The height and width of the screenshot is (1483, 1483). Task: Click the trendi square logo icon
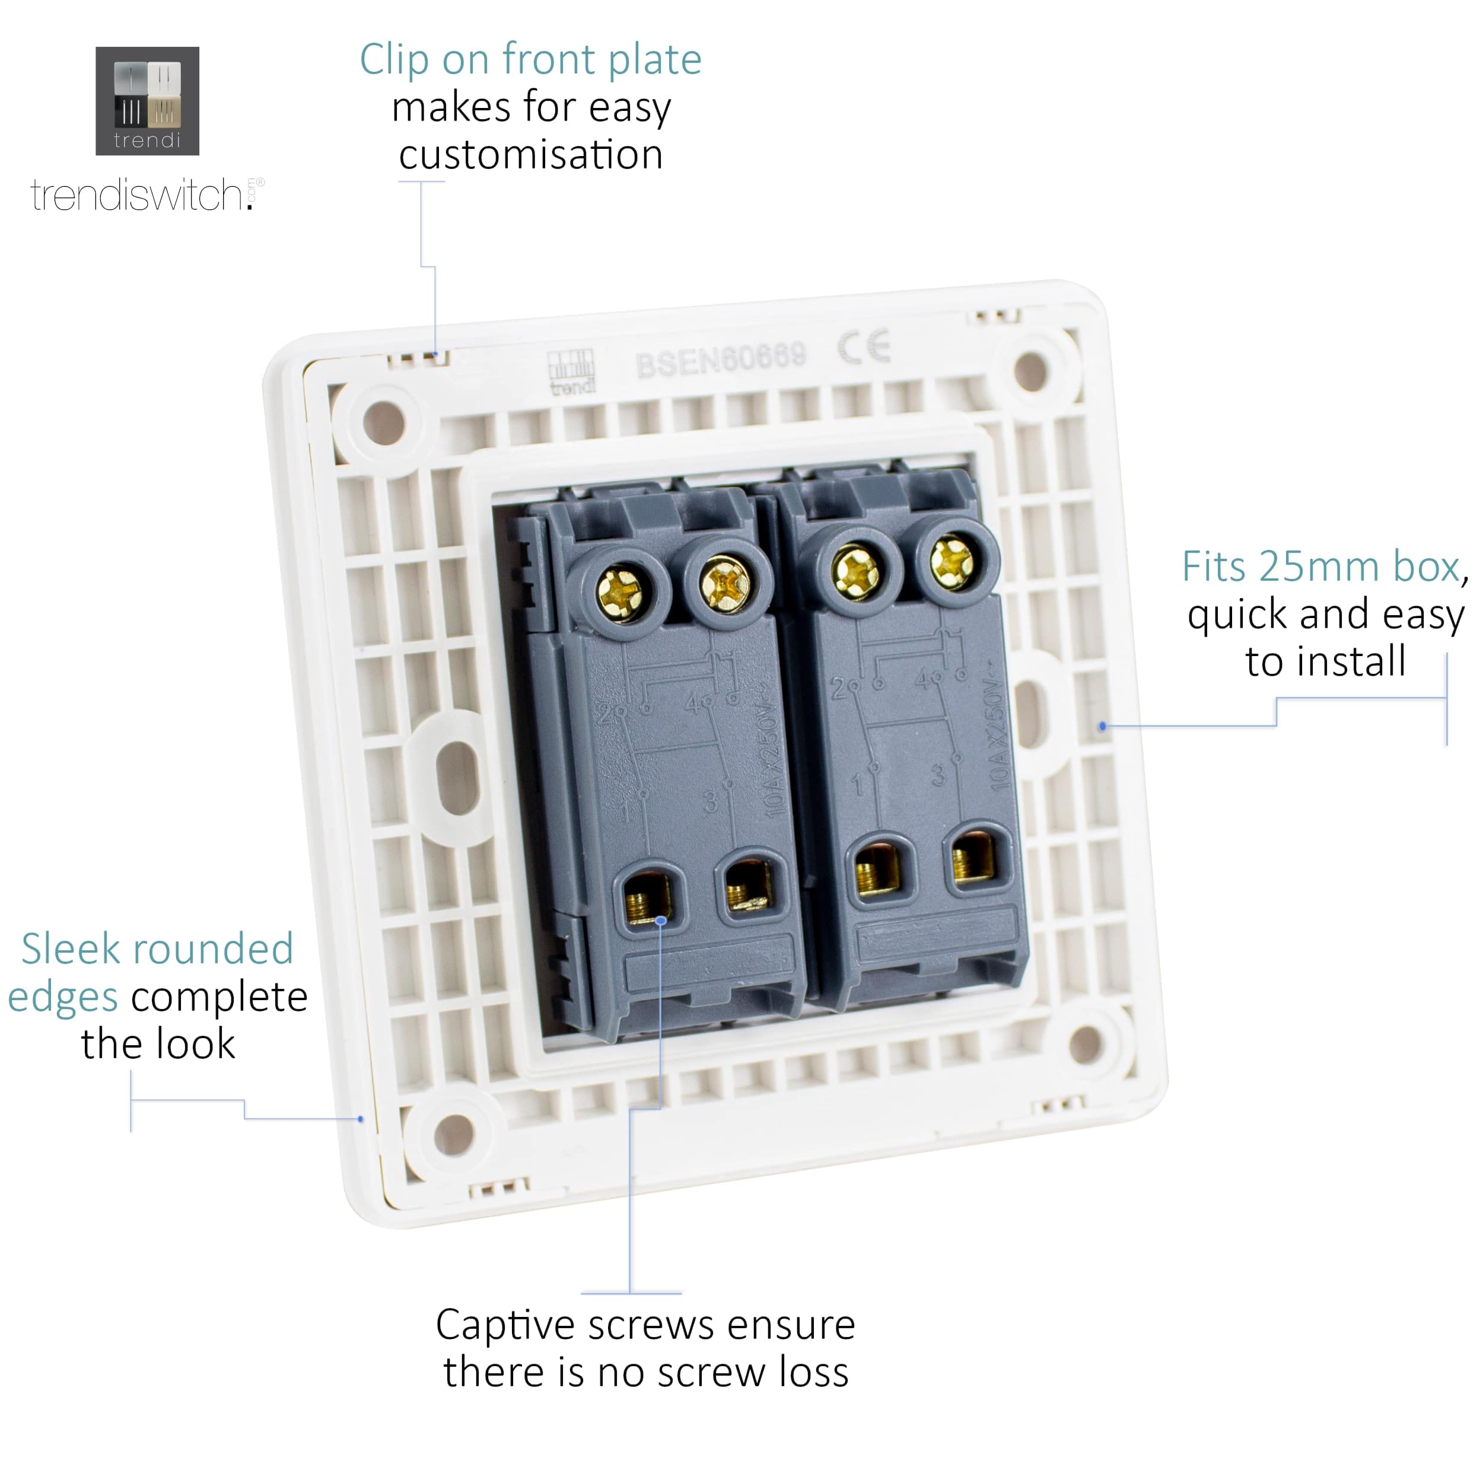point(147,101)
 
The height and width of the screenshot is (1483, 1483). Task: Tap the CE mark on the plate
point(864,348)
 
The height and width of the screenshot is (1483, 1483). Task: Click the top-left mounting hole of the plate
point(384,423)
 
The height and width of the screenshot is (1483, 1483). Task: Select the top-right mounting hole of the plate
point(1030,371)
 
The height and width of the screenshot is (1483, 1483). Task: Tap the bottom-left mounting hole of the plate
point(454,1134)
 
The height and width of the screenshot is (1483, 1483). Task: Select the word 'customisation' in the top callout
point(530,155)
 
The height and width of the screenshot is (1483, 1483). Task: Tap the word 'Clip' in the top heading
point(394,60)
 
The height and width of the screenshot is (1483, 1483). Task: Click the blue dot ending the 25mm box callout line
point(1102,725)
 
